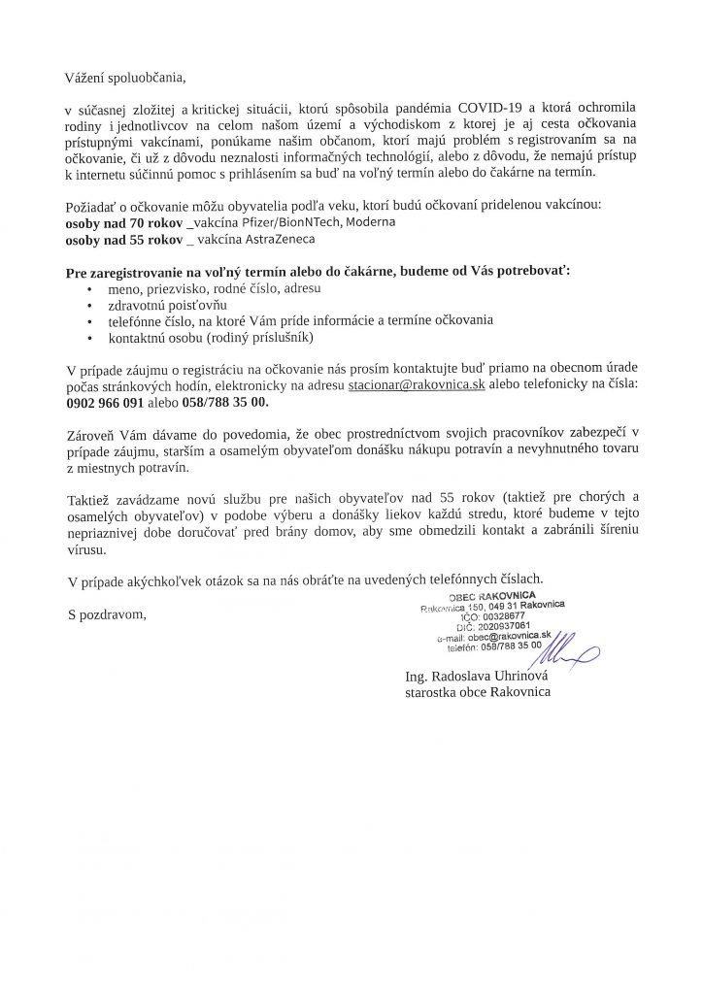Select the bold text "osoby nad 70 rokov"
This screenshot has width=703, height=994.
(121, 222)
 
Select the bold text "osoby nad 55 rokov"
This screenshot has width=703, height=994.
(121, 238)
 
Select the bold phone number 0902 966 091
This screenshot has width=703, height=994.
(105, 401)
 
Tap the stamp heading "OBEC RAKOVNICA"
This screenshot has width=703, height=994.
(492, 595)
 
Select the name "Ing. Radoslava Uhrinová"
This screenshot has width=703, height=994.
(478, 676)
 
